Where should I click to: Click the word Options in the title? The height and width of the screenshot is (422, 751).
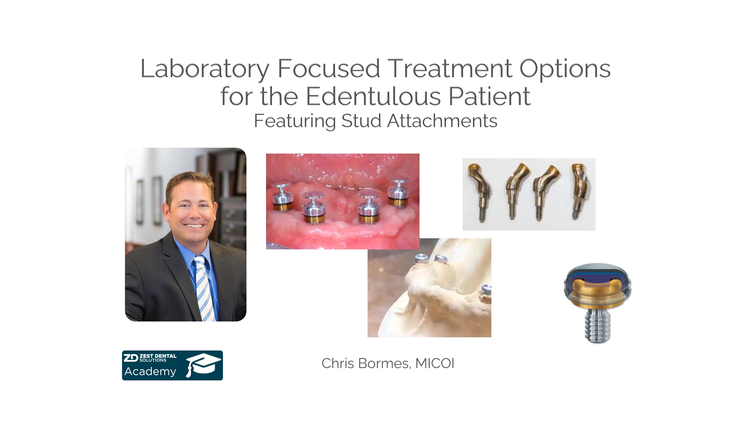coord(565,69)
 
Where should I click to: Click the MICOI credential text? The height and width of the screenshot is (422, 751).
coord(435,363)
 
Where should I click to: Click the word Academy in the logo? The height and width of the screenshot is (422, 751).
coord(150,371)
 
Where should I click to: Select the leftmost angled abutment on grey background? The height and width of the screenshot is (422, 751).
coord(478,192)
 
